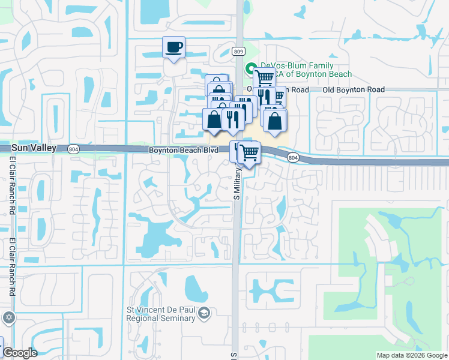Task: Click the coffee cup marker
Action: point(174,47)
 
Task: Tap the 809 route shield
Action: point(239,52)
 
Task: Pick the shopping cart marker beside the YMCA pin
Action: point(264,79)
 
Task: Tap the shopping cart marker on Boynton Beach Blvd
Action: point(249,153)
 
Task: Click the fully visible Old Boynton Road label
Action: point(353,89)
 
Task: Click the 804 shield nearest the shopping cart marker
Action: point(292,158)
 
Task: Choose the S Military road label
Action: point(237,184)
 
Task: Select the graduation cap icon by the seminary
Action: point(205,313)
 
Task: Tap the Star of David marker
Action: point(8,317)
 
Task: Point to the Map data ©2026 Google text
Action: point(412,355)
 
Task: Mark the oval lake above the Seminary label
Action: point(196,290)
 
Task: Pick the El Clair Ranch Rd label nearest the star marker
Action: point(12,268)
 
